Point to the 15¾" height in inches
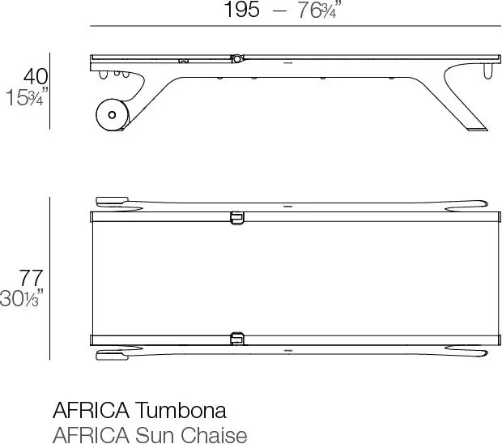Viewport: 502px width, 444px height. click(x=28, y=97)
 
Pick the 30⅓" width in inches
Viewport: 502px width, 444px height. click(x=24, y=298)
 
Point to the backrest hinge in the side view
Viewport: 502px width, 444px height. click(x=236, y=58)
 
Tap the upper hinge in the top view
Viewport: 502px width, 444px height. click(x=236, y=217)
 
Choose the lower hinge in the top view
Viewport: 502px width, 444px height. click(x=236, y=337)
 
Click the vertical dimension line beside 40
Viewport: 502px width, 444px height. click(x=50, y=90)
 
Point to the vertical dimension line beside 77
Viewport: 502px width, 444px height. click(x=50, y=277)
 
